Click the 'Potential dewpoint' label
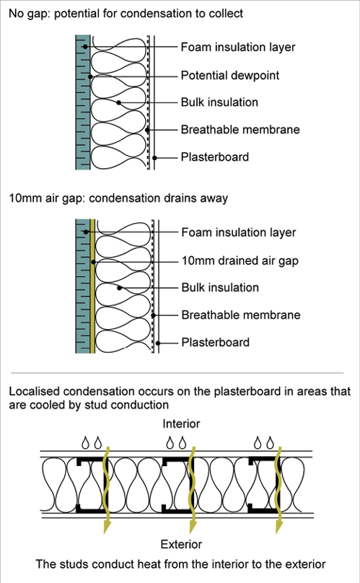[230, 76]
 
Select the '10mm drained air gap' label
[240, 261]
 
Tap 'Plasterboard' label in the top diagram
[214, 157]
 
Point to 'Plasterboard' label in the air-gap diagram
[215, 342]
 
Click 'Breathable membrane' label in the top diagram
[240, 129]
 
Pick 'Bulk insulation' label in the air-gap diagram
[220, 287]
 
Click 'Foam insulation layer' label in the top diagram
[238, 47]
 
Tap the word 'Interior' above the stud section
[181, 424]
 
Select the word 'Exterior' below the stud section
[181, 544]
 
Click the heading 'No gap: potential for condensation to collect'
[126, 14]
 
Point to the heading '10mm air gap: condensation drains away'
[118, 198]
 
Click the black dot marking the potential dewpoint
[90, 76]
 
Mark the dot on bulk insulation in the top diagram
[118, 102]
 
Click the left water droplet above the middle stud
[170, 443]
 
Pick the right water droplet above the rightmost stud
[271, 443]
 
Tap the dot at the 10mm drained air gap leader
[93, 262]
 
